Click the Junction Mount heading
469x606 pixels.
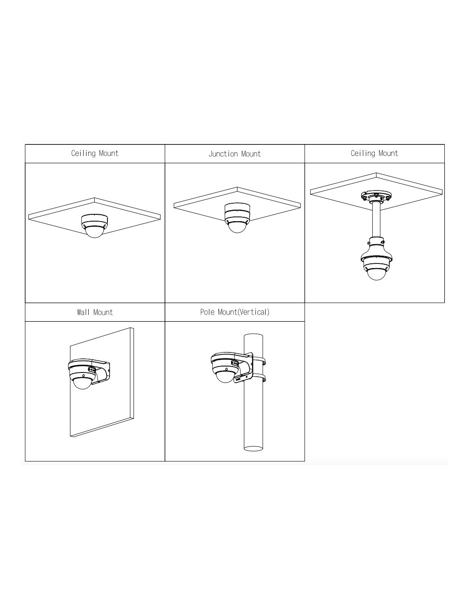coord(234,154)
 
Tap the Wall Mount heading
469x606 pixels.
coord(95,312)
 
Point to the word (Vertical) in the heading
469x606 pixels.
coord(253,312)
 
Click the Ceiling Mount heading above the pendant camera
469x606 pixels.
coord(374,153)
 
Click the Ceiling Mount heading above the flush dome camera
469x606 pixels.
coord(95,153)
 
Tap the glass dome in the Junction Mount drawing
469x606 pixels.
coord(237,226)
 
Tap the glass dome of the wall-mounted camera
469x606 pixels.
coord(83,383)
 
